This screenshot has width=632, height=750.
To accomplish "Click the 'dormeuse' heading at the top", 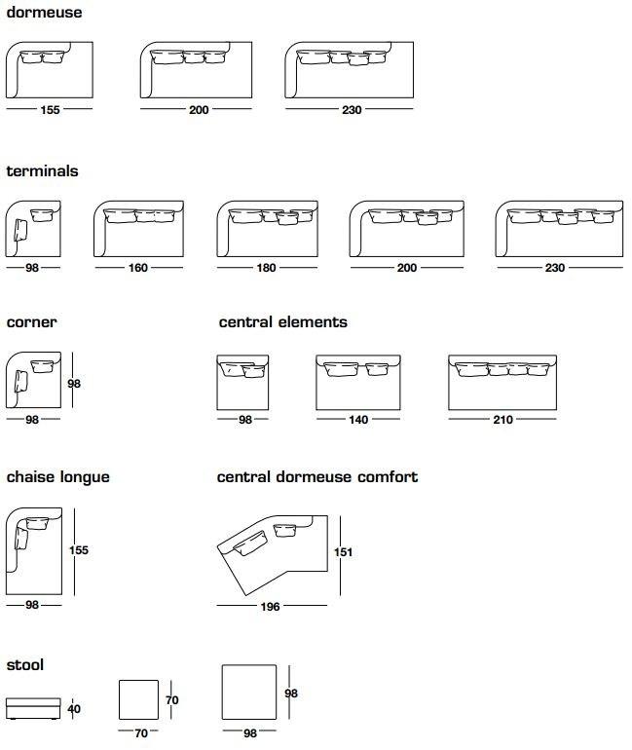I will (x=44, y=14).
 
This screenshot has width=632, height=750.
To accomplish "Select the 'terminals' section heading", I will (x=42, y=171).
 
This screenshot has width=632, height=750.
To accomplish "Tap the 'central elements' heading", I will (x=282, y=322).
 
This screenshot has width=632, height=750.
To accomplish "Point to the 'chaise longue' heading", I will (x=57, y=477).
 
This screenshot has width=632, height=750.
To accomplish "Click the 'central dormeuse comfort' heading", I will (x=317, y=477).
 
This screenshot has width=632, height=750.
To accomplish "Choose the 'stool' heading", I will (x=25, y=665).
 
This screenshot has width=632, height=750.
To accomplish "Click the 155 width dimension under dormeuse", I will (x=50, y=111).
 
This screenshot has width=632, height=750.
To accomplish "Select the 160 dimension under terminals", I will (x=138, y=269).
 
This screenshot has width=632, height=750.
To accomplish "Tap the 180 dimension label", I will (x=266, y=269).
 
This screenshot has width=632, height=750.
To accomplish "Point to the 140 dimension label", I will (x=358, y=420).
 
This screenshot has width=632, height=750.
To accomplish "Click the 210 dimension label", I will (x=502, y=420).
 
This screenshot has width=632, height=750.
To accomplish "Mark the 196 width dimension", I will (x=270, y=607).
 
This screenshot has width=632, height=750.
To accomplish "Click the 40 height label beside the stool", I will (x=74, y=709).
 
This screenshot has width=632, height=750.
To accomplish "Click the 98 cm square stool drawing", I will (x=249, y=694).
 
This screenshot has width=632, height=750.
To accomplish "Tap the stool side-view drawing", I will (x=33, y=708).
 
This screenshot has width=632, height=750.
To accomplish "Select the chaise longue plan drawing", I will (x=34, y=550).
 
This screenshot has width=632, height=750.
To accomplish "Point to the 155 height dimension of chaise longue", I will (x=79, y=550).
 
